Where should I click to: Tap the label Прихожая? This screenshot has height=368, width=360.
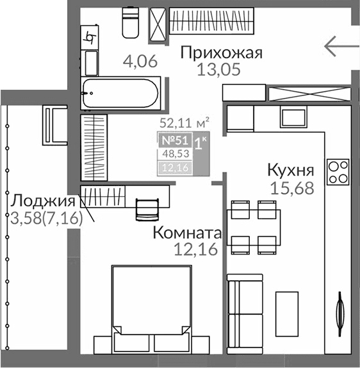click(x=222, y=53)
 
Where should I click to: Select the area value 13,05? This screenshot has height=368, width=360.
click(x=219, y=70)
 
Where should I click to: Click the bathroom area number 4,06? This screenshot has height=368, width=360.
click(x=140, y=62)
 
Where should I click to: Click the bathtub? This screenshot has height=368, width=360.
click(x=121, y=94)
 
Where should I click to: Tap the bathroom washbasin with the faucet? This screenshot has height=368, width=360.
click(x=90, y=37)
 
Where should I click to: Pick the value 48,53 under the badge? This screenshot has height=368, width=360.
click(x=176, y=154)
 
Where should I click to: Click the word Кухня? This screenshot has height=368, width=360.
click(x=290, y=171)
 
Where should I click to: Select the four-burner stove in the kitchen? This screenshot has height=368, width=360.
click(x=338, y=171)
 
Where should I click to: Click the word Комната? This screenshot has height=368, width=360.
click(x=186, y=233)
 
